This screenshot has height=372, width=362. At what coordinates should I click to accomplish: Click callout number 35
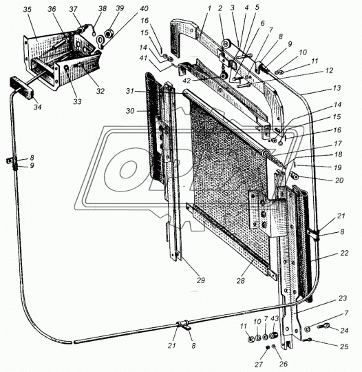click(x=28, y=10)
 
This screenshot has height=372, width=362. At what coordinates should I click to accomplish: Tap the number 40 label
click(x=143, y=8)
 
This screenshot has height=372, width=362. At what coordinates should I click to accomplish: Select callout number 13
click(x=337, y=88)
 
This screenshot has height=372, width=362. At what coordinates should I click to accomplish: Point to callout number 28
click(x=240, y=281)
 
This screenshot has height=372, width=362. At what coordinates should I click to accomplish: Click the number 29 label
click(x=200, y=280)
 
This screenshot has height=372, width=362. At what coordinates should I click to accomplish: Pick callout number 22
click(x=344, y=253)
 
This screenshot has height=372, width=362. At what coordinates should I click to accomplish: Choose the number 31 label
click(x=129, y=91)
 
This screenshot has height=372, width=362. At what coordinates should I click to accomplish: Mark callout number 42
click(x=187, y=81)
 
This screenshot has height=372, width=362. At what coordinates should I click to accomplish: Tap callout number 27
click(x=259, y=364)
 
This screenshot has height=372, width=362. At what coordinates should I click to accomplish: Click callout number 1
click(x=209, y=8)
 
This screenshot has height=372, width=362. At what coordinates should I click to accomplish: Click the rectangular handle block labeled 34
click(x=22, y=87)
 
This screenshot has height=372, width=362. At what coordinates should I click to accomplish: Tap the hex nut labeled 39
click(x=109, y=34)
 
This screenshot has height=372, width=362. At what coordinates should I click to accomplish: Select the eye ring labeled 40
click(x=100, y=41)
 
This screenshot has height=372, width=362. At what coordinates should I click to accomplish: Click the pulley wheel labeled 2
click(x=225, y=44)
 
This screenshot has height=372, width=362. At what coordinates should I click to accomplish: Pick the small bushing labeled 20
click(x=294, y=176)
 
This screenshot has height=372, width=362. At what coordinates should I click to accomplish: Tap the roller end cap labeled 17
click(x=265, y=154)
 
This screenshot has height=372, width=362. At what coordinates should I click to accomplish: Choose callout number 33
click(x=77, y=101)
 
